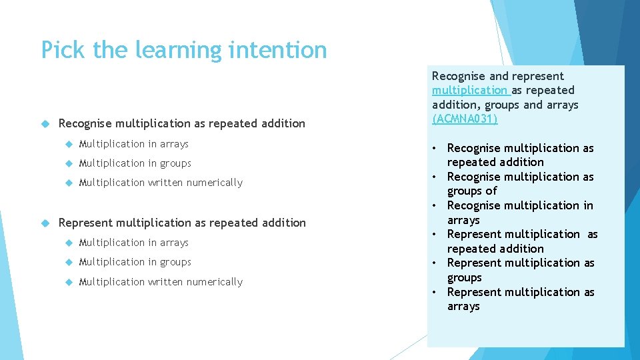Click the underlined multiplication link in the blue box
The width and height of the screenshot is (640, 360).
point(469,91)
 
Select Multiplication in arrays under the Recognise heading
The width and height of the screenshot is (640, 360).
point(133,144)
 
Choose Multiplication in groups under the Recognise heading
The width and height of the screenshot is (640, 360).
point(135,163)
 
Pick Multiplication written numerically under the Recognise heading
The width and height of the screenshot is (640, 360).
point(161,183)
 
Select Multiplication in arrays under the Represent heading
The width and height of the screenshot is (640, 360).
point(133,243)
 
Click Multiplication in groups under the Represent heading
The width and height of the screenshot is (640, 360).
point(135,262)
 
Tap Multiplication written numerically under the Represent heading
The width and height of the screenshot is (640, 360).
point(161,282)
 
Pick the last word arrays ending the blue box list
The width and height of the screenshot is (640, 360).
point(463,307)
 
